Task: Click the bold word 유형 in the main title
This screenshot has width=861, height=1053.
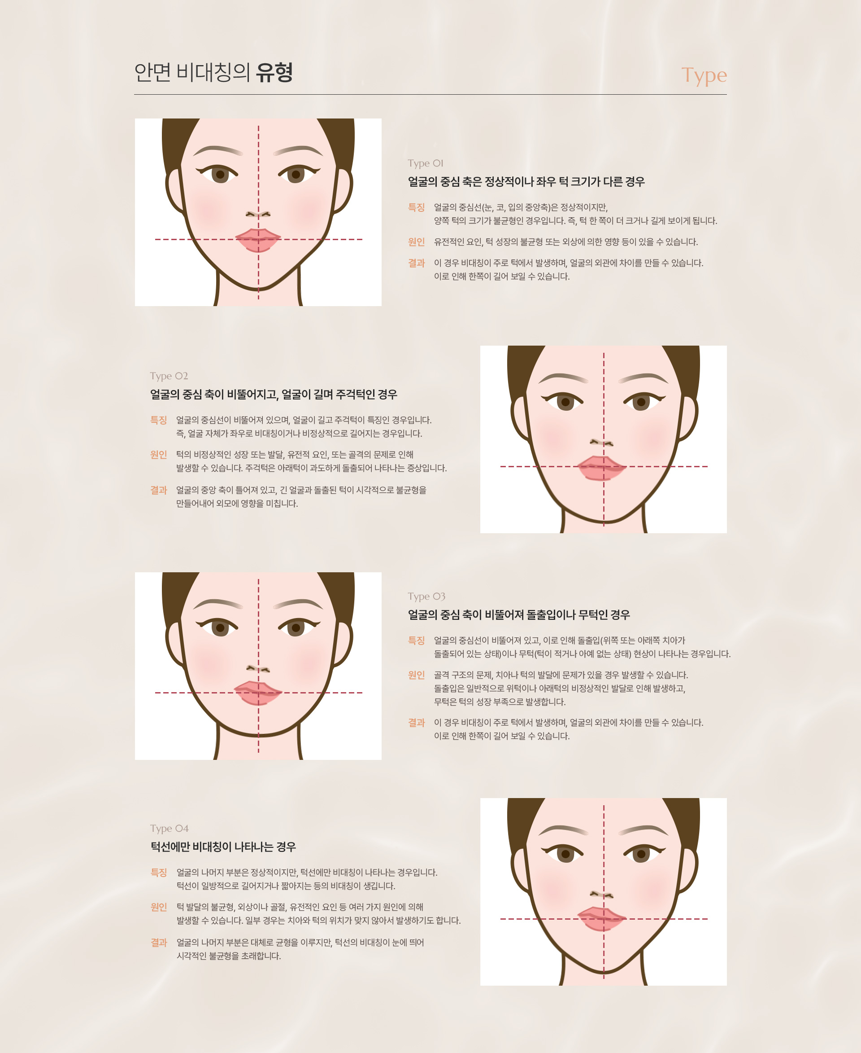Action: [274, 72]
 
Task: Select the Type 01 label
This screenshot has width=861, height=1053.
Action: [426, 163]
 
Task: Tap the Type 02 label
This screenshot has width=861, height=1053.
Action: [169, 376]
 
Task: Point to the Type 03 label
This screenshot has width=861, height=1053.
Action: [426, 596]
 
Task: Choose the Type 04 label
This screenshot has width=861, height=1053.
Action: [169, 828]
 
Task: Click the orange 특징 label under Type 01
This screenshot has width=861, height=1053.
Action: [416, 207]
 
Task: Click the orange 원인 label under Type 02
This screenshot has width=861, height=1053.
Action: [159, 454]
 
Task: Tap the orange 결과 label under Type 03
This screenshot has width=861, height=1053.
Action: [416, 722]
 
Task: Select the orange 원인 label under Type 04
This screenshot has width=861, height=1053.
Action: [159, 907]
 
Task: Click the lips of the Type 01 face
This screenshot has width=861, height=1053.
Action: [258, 240]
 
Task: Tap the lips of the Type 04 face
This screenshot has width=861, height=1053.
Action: [602, 919]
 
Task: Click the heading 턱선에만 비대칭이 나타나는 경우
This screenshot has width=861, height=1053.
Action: [223, 847]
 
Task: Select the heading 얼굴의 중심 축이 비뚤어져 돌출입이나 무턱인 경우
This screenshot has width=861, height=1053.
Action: [519, 614]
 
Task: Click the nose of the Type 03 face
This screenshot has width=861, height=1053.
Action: [258, 669]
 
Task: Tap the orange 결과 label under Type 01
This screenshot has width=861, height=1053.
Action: [416, 263]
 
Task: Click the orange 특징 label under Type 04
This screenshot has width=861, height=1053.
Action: [159, 872]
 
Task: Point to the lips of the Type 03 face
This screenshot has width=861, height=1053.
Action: [258, 693]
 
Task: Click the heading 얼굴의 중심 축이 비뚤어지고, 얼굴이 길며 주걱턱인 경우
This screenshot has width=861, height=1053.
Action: [274, 394]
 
